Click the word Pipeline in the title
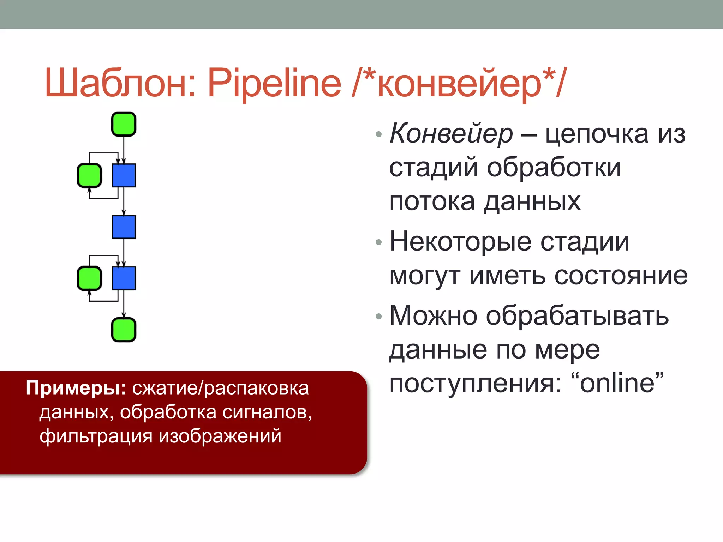point(274,83)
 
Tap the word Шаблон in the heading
point(120,83)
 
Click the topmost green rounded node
point(124,124)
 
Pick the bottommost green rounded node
point(124,330)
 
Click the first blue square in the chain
point(124,175)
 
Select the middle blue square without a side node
point(124,227)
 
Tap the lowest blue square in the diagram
point(124,278)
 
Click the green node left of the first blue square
point(89,175)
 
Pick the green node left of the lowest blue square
point(89,278)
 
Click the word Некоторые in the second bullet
point(460,242)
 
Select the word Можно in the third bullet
point(433,315)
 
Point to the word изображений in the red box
point(220,436)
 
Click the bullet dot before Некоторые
point(379,242)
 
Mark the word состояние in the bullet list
point(621,276)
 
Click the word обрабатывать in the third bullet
point(577,315)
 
